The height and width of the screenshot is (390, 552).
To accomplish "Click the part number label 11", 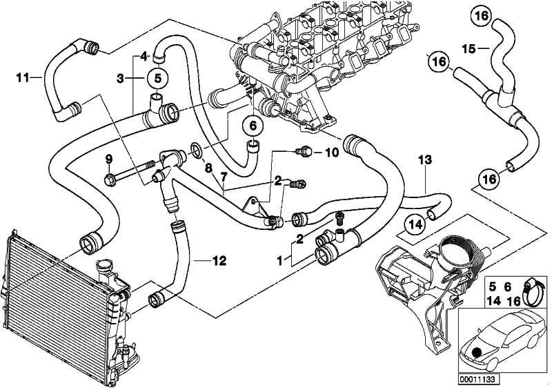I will click(21, 78).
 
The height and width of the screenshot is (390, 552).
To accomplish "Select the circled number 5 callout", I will click(157, 78).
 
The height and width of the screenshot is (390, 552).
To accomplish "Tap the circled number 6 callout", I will click(253, 126).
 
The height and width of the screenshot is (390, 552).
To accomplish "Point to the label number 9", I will click(108, 160).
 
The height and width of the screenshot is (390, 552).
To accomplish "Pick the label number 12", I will click(219, 261).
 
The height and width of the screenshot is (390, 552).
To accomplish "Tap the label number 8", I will click(206, 168).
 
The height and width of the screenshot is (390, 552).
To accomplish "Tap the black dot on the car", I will click(477, 352).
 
